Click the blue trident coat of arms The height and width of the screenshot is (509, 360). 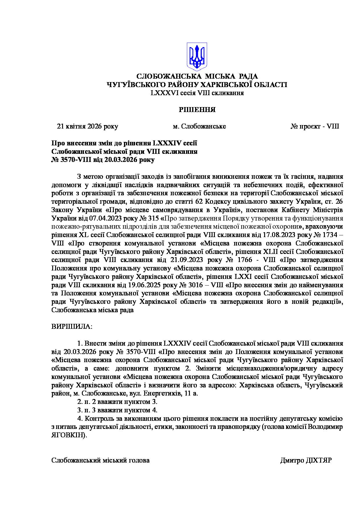pos(197,57)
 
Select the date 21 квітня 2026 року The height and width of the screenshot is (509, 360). pos(88,127)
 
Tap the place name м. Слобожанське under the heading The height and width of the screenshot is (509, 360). pos(199,127)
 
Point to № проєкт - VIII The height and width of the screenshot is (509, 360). pos(315,127)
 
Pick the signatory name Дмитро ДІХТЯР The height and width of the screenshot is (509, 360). pos(306,461)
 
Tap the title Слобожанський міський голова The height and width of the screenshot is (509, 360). pos(100,461)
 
